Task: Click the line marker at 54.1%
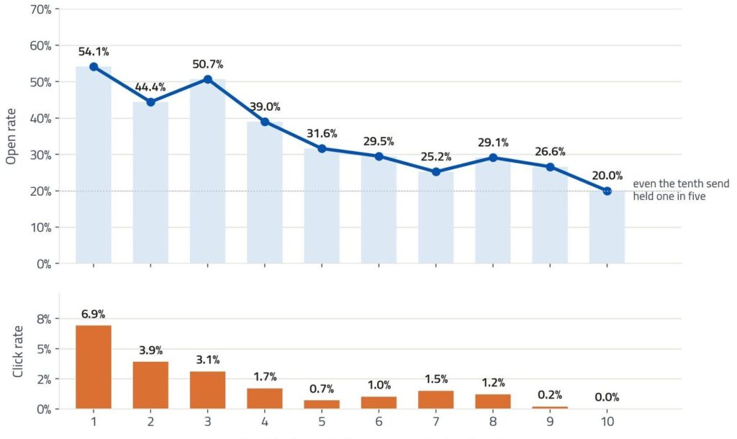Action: (x=94, y=67)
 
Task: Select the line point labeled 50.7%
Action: (x=208, y=79)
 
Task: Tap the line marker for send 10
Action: (x=607, y=191)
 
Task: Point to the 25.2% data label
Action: (x=435, y=156)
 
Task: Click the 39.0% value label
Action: (x=265, y=107)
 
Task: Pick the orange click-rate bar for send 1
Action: (x=94, y=366)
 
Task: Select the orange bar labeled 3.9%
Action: (x=150, y=385)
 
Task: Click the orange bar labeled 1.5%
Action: (x=435, y=399)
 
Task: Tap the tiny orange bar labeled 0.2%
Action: (x=550, y=407)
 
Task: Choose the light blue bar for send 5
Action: (x=322, y=206)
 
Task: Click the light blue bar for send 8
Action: (x=493, y=211)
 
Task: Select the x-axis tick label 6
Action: (x=379, y=422)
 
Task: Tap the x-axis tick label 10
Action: (x=607, y=422)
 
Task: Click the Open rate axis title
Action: (x=11, y=136)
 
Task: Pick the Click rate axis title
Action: (x=17, y=352)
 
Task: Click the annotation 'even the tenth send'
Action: (x=681, y=184)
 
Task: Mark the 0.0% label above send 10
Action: (x=607, y=397)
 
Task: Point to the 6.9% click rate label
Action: (x=93, y=314)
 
